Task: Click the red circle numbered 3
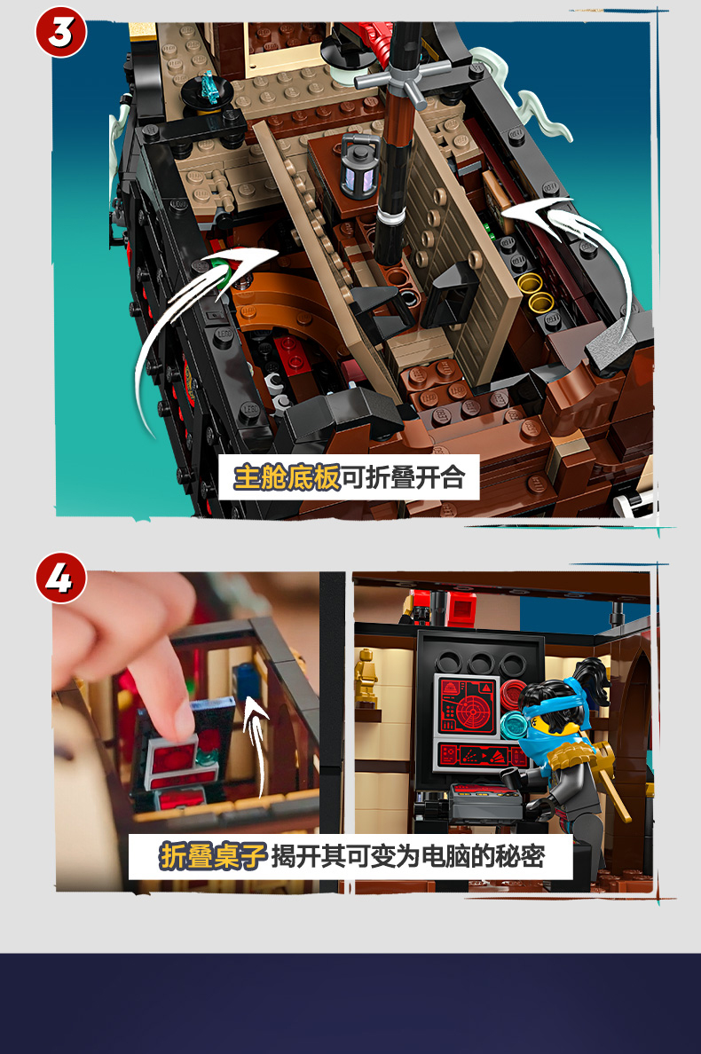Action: click(x=60, y=32)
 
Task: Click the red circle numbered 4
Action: click(x=60, y=578)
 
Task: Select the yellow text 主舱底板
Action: click(x=287, y=477)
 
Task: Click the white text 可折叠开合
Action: click(x=403, y=477)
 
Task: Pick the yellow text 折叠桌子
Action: click(x=213, y=856)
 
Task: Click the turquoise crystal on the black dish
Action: click(x=210, y=87)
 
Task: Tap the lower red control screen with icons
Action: click(x=480, y=754)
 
